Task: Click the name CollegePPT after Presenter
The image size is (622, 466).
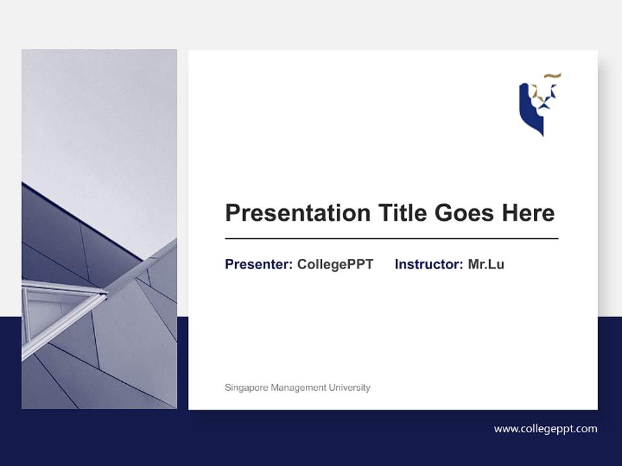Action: (x=335, y=264)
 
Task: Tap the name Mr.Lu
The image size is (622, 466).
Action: (x=486, y=264)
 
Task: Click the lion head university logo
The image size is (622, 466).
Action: (x=539, y=104)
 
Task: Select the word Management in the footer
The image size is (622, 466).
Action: (x=300, y=388)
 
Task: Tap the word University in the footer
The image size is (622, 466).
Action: (x=350, y=388)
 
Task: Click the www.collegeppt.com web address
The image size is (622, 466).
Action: (x=546, y=428)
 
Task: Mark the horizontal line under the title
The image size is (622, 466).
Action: (x=391, y=239)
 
